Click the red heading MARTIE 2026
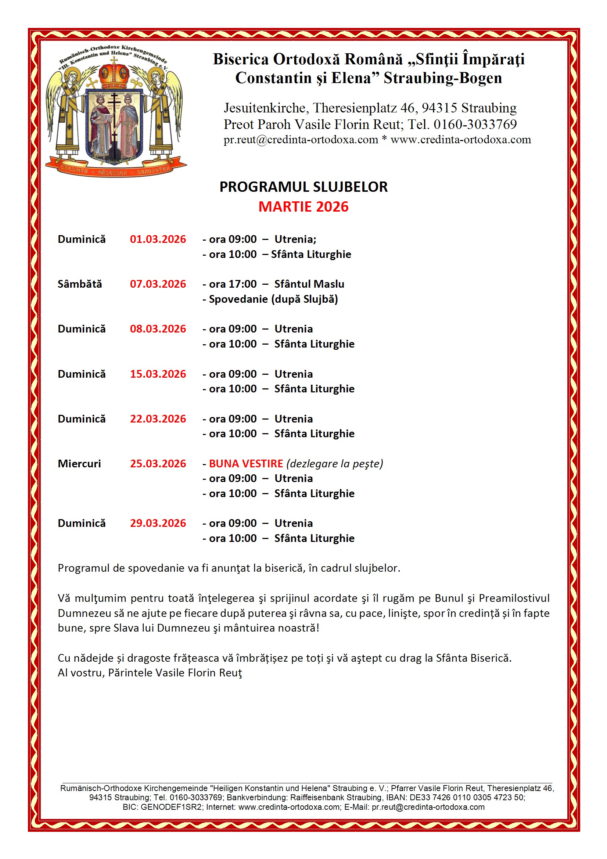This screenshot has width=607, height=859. [303, 207]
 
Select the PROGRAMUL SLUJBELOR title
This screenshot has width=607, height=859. [303, 187]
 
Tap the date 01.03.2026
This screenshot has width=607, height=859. [158, 240]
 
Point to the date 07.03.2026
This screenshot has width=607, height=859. [158, 284]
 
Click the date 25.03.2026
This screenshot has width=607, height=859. [158, 464]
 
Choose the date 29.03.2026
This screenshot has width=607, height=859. [158, 523]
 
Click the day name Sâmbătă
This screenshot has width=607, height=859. [80, 284]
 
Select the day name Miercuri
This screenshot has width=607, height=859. [79, 464]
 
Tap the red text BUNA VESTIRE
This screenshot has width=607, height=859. [246, 464]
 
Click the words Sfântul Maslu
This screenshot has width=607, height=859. [309, 284]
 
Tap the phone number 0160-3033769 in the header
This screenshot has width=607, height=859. [475, 124]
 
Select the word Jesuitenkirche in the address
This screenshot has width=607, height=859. [265, 108]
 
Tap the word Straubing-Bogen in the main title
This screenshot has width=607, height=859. [443, 78]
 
